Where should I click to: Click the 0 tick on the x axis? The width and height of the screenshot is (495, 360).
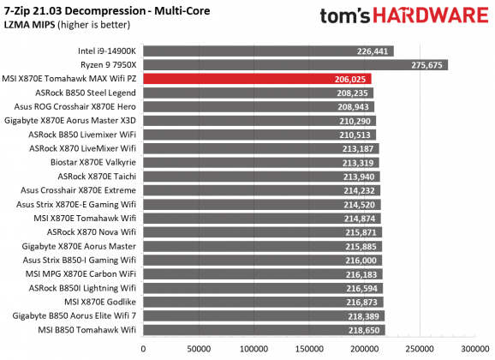pos(143,350)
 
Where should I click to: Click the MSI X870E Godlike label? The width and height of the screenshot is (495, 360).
pos(93,302)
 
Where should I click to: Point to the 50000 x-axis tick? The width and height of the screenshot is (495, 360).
pos(199,350)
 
